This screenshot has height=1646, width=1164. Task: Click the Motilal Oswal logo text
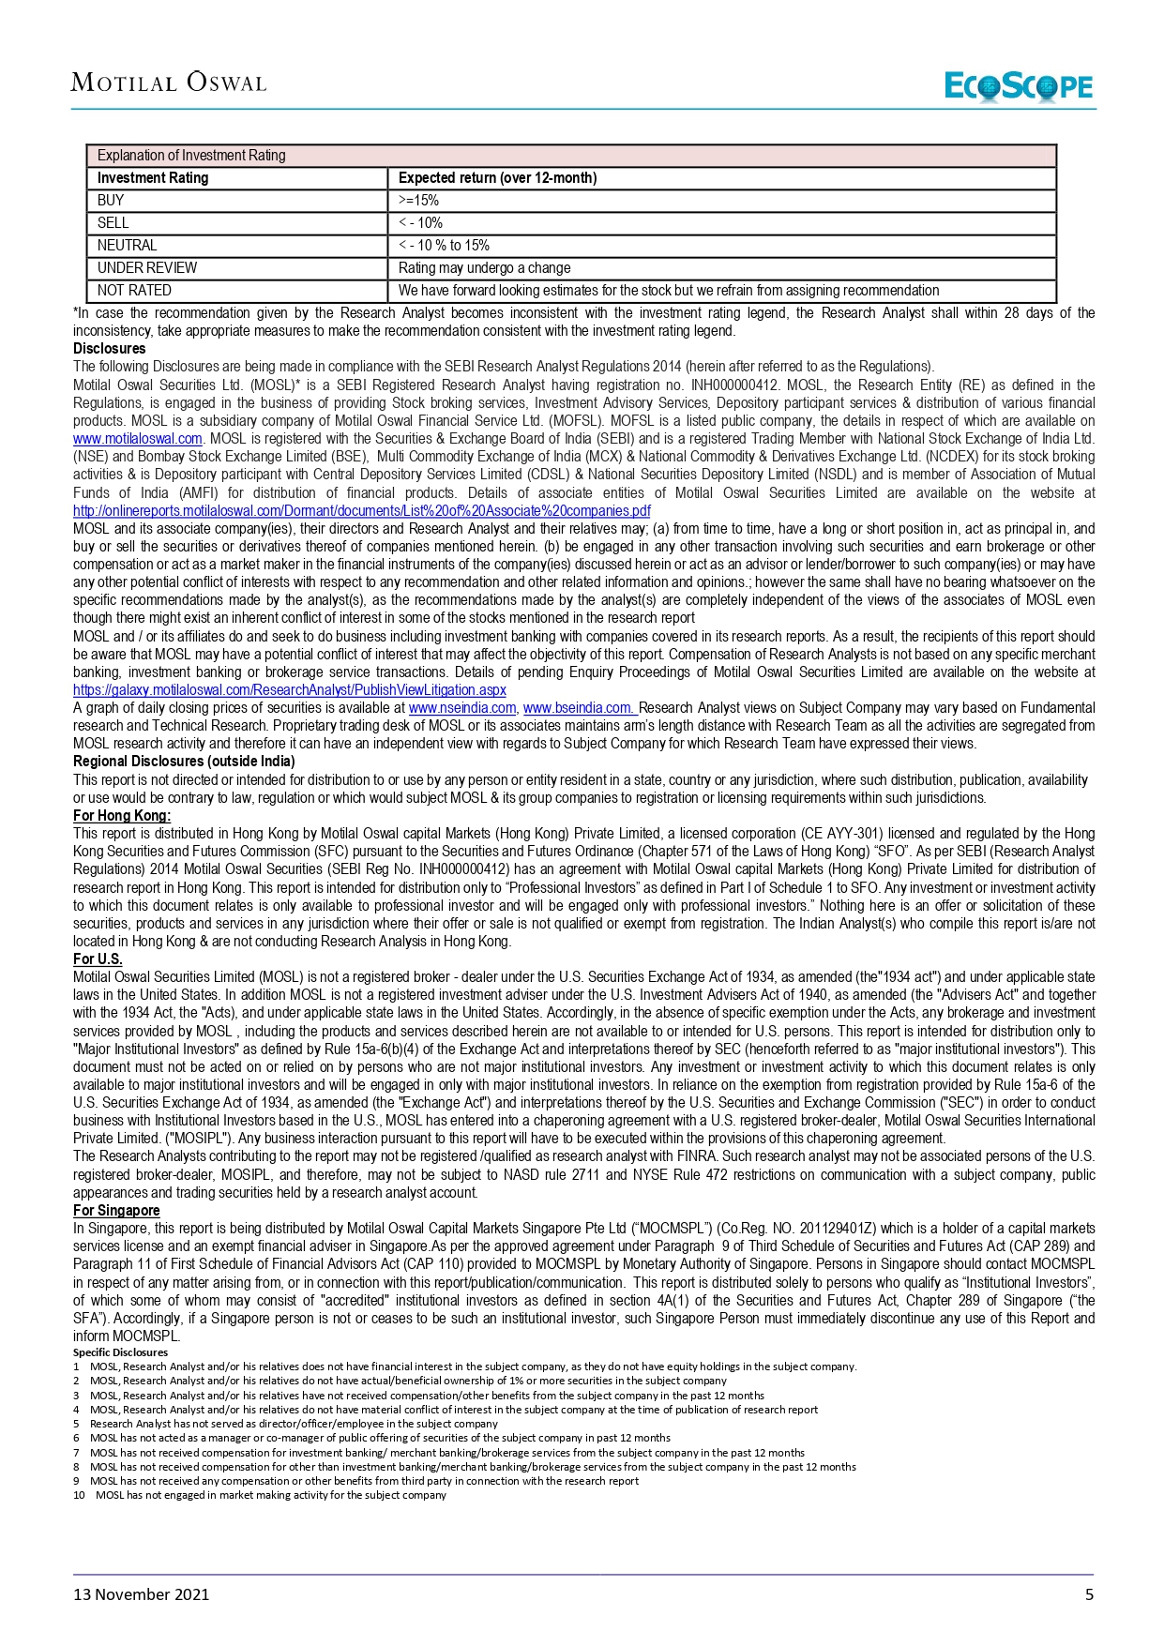tap(169, 83)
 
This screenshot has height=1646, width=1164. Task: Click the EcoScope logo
tap(1019, 86)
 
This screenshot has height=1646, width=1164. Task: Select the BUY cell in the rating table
tap(111, 201)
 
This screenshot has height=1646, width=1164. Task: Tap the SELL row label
tap(113, 223)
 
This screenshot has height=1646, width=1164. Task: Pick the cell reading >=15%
tap(418, 201)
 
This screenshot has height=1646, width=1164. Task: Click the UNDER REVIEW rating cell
tap(147, 268)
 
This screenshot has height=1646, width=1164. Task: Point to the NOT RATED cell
tap(134, 291)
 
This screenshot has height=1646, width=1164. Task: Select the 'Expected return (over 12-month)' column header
tap(497, 178)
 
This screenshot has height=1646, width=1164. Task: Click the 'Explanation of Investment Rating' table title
tap(191, 156)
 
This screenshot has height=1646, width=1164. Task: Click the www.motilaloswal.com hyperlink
tap(138, 439)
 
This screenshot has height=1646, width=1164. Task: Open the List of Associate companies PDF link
tap(361, 511)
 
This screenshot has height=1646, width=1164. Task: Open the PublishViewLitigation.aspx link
tap(289, 690)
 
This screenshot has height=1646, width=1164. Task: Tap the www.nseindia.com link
tap(462, 708)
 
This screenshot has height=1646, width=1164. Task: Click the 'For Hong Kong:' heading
tap(122, 816)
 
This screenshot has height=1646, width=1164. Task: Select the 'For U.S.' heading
tap(98, 959)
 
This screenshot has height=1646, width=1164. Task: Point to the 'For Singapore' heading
tap(116, 1211)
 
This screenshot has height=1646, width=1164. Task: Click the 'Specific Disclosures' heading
tap(120, 1352)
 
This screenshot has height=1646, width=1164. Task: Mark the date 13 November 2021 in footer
tap(142, 1594)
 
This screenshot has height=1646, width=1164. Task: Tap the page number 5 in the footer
tap(1089, 1594)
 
